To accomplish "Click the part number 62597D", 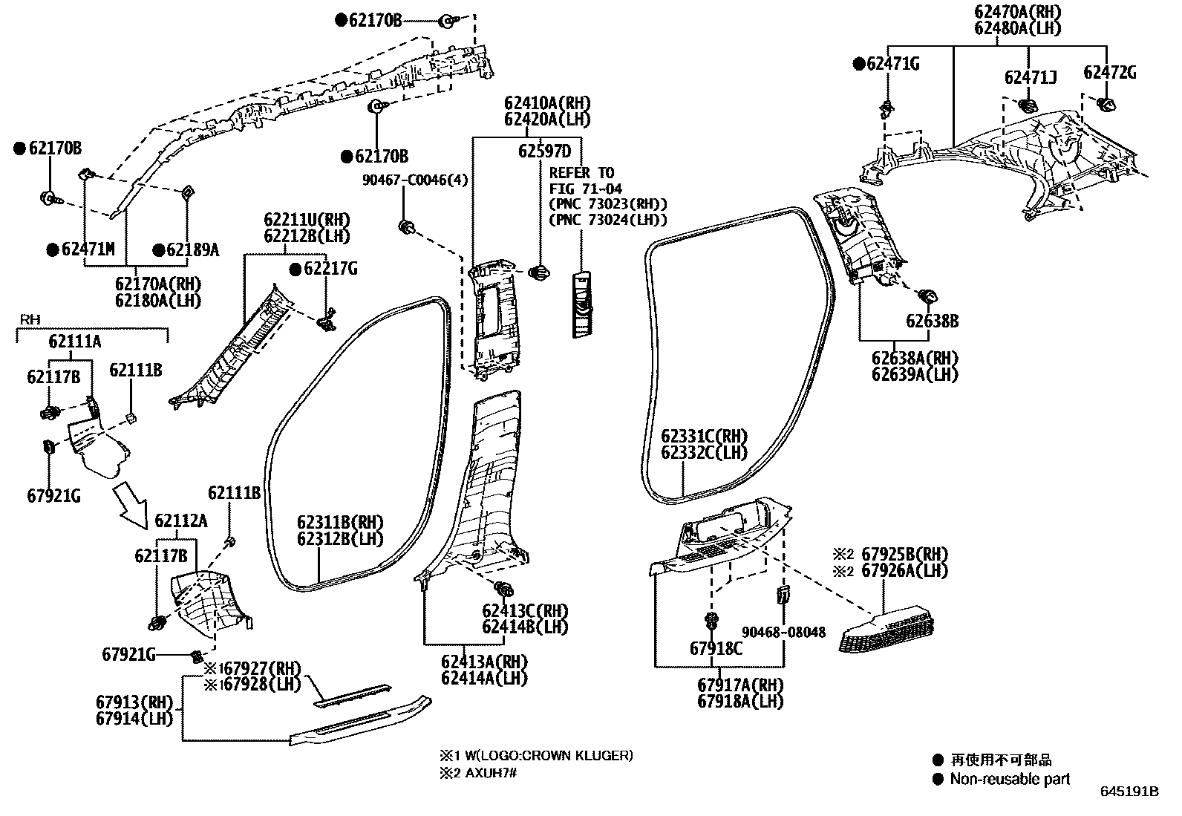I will [544, 151].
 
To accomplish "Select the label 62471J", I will [1031, 77].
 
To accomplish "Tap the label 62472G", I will [1109, 72].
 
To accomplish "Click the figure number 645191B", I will [1129, 791].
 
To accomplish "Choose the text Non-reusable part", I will [1010, 779].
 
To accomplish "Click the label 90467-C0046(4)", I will [415, 180].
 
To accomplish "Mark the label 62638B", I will [932, 321].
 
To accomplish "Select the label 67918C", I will [716, 647].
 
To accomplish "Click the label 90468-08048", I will [783, 632].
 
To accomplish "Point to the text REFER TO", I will [581, 173].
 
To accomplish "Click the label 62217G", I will [330, 269].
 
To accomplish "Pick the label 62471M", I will [88, 249].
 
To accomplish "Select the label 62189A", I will [192, 249].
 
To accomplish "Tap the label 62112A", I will [181, 520].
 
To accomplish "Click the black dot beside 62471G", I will [859, 64].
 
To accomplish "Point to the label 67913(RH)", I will [134, 702].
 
